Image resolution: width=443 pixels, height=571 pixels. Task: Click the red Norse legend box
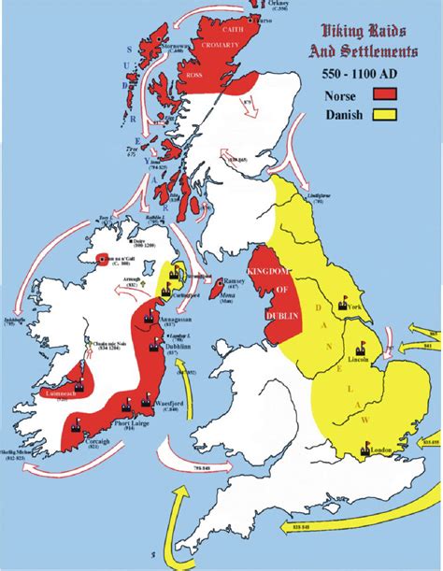tap(387, 93)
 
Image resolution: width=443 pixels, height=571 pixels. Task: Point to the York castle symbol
tap(343, 304)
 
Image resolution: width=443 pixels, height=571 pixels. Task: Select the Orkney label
tap(269, 6)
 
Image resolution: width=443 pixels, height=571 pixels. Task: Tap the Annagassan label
tap(179, 318)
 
